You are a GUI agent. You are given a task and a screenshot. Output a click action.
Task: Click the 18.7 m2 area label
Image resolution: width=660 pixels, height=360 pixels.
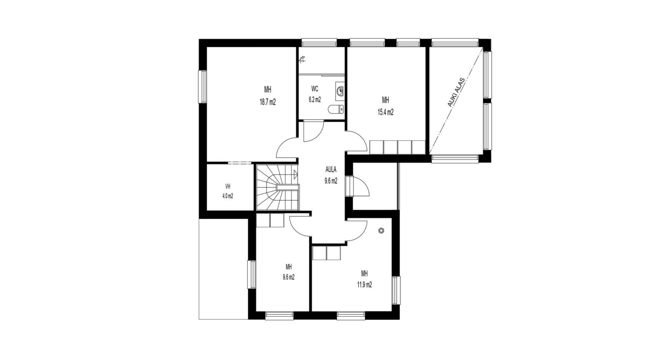268,102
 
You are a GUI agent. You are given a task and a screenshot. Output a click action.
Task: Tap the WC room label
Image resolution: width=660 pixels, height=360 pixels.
315,89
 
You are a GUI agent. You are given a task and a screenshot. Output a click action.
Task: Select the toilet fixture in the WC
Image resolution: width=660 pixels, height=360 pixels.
336,109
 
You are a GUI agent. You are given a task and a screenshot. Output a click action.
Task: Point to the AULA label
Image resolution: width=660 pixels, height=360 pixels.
330,169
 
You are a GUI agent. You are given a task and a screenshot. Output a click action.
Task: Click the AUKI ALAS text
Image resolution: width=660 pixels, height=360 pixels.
456,92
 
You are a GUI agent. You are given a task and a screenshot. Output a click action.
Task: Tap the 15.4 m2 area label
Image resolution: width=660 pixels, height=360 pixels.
385,112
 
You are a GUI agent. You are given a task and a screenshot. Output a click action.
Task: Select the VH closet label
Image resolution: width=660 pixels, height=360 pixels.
228,186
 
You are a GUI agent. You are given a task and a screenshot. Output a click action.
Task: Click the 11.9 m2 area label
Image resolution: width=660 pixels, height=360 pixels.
365,285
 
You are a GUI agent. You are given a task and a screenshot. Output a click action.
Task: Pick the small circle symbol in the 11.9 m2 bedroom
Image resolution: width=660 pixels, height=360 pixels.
381,231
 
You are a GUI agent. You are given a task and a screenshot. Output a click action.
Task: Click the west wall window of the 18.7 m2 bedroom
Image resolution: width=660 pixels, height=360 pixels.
202,87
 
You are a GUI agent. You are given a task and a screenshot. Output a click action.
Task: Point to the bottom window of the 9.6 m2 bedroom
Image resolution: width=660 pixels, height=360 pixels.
279,316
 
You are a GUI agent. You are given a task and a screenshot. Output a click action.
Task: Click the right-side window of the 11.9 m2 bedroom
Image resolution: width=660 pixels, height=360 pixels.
396,290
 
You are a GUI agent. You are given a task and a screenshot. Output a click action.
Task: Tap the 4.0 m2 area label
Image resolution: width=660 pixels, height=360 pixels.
228,196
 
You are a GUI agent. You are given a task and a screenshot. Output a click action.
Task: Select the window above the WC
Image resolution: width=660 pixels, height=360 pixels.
319,43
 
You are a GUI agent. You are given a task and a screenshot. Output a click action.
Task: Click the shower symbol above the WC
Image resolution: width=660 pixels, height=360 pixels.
302,60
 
